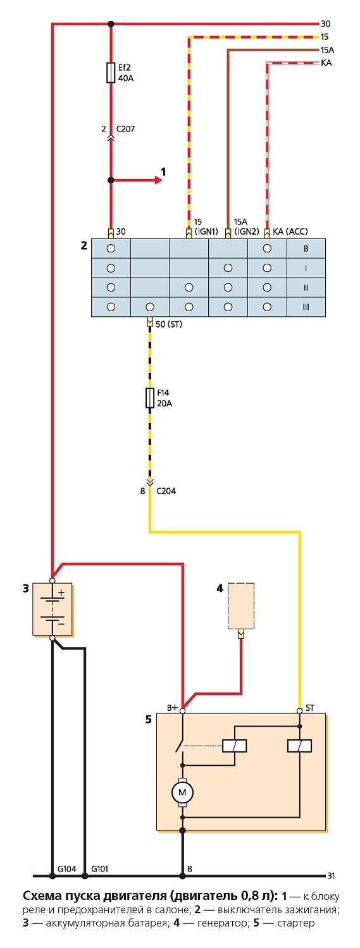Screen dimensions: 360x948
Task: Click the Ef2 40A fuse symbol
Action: (x=111, y=73)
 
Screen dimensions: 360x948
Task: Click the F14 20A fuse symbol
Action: (x=149, y=398)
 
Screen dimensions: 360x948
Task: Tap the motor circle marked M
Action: (x=183, y=792)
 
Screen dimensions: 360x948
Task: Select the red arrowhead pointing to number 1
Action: (x=158, y=180)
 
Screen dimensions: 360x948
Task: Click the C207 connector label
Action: (x=125, y=128)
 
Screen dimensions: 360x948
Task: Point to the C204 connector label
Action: (x=166, y=491)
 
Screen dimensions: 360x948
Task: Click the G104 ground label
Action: (x=66, y=869)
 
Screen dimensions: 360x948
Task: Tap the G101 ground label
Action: (x=100, y=869)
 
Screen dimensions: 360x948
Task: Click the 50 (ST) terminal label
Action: (x=169, y=324)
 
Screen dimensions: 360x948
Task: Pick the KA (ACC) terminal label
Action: (x=290, y=231)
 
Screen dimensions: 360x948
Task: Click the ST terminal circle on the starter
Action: (x=299, y=710)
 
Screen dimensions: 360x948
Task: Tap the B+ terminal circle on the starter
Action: (x=183, y=711)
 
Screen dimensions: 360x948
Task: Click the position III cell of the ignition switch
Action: (x=306, y=307)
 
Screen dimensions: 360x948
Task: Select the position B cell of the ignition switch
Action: (x=306, y=249)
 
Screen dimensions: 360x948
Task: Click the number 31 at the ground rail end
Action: (x=331, y=876)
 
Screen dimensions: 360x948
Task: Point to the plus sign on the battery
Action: (x=61, y=593)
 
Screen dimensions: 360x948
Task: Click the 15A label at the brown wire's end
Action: (x=327, y=51)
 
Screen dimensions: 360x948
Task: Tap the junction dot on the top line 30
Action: (x=111, y=23)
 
